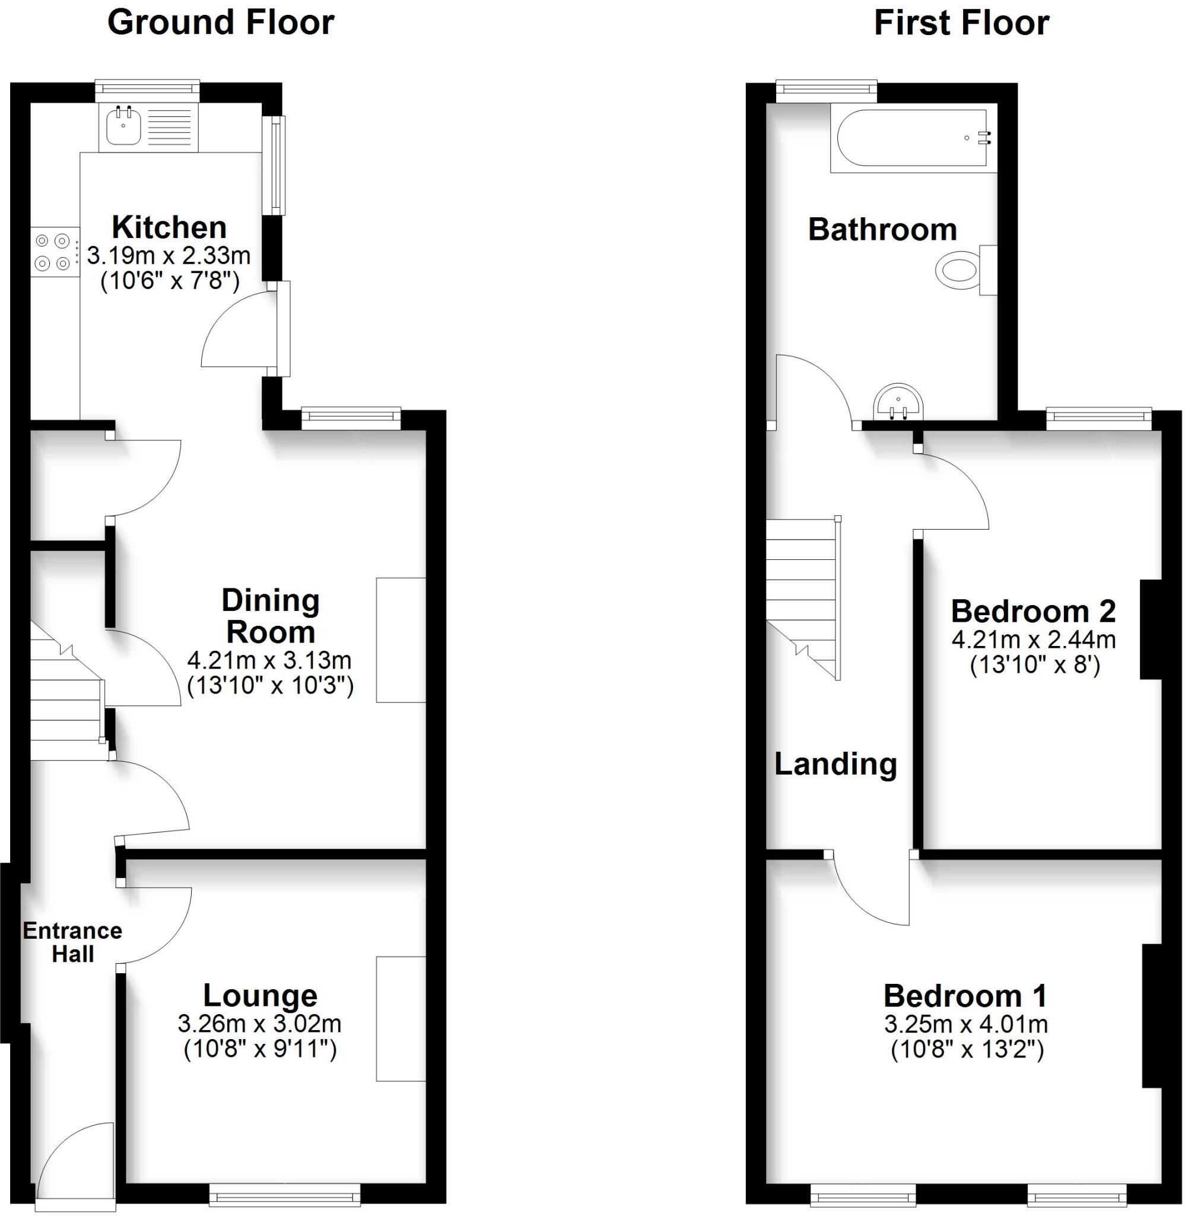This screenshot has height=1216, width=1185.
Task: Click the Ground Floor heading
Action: pos(221,24)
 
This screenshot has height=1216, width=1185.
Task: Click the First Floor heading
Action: pos(961,24)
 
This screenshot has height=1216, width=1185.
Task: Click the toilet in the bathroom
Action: pos(958,270)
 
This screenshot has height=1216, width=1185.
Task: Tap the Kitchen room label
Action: pos(169,228)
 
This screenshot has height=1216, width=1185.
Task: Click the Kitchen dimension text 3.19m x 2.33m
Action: pos(169,255)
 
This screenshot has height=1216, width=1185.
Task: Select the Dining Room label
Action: pos(271,616)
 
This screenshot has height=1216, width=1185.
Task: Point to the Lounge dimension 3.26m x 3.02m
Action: pos(259,1024)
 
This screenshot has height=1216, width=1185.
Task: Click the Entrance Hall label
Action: pos(73,942)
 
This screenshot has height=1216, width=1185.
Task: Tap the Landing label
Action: pos(835,764)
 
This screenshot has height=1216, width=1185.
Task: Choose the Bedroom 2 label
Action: pos(1033,612)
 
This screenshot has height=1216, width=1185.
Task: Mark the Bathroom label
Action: pos(882,230)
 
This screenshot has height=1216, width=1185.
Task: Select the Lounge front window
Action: pos(284,1194)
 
